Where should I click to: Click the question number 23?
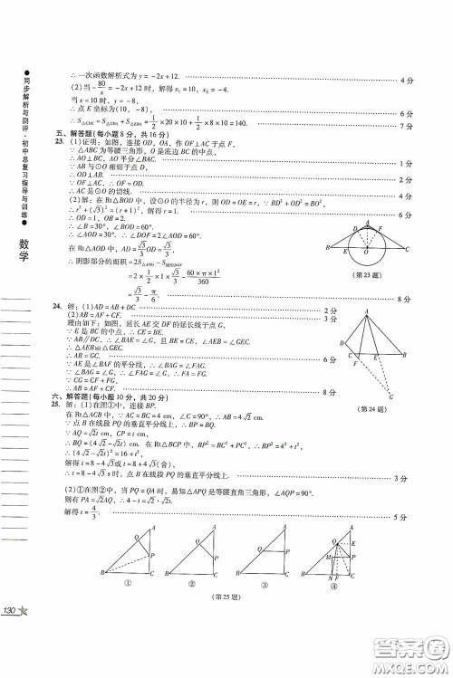click(x=59, y=142)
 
